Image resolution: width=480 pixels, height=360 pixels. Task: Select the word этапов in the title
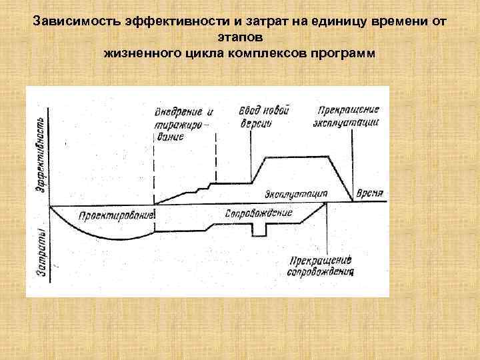[240, 36]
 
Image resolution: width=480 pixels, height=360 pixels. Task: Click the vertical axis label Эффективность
[41, 154]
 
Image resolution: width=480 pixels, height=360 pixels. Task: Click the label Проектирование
[117, 215]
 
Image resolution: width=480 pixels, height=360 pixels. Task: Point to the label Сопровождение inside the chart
[259, 213]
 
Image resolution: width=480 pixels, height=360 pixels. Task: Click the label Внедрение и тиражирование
[182, 123]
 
